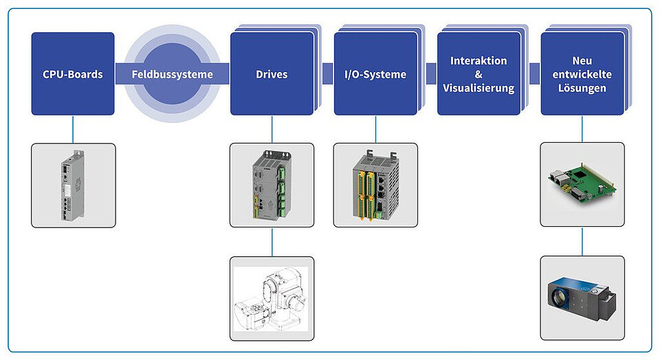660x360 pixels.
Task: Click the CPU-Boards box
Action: pos(73,74)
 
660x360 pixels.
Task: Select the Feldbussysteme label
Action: pos(172,74)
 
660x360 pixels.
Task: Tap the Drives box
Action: pos(272,74)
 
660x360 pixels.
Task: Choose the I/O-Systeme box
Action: pos(375,74)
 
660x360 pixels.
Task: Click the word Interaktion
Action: pos(478,60)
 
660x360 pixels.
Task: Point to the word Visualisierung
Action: pos(478,88)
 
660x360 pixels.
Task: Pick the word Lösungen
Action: pos(582,88)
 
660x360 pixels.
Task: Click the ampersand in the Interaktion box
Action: pos(478,74)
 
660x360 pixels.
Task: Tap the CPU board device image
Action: pos(73,185)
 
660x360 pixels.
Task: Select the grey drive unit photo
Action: pos(272,185)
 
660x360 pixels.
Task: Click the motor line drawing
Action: pos(272,299)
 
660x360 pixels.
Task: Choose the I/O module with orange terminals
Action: pos(375,185)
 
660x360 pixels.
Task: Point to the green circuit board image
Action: pos(582,185)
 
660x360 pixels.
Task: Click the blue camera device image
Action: pos(582,298)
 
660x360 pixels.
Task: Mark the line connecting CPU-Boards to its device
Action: pos(73,129)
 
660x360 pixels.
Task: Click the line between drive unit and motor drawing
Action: pos(272,242)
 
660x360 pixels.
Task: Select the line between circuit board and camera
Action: pos(582,241)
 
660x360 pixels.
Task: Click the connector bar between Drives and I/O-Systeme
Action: pos(328,74)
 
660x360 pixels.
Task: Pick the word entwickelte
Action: pos(582,74)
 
